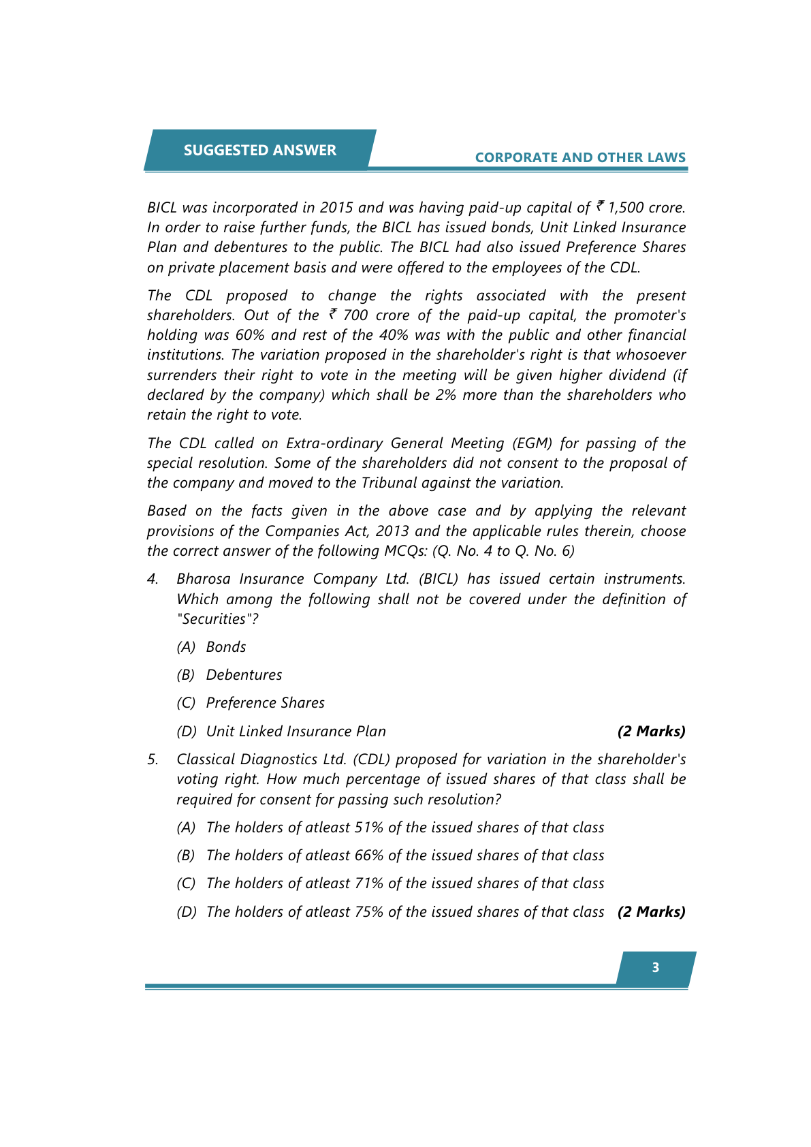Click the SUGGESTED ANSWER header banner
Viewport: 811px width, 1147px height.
(259, 150)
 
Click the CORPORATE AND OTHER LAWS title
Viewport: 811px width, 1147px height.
(580, 157)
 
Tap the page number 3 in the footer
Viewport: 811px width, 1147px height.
(655, 967)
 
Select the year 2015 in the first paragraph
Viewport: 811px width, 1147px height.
(336, 208)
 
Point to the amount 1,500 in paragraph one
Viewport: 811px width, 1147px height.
(626, 208)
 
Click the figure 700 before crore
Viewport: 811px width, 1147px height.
(355, 315)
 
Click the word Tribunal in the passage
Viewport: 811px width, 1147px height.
(389, 483)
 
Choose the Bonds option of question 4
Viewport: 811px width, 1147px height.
(226, 647)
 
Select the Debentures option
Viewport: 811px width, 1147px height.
(244, 675)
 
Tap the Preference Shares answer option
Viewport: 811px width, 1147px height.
(265, 703)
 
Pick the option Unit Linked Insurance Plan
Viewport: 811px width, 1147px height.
(296, 732)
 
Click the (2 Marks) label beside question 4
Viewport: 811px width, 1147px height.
(651, 732)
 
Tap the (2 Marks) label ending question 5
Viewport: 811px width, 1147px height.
(651, 912)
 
